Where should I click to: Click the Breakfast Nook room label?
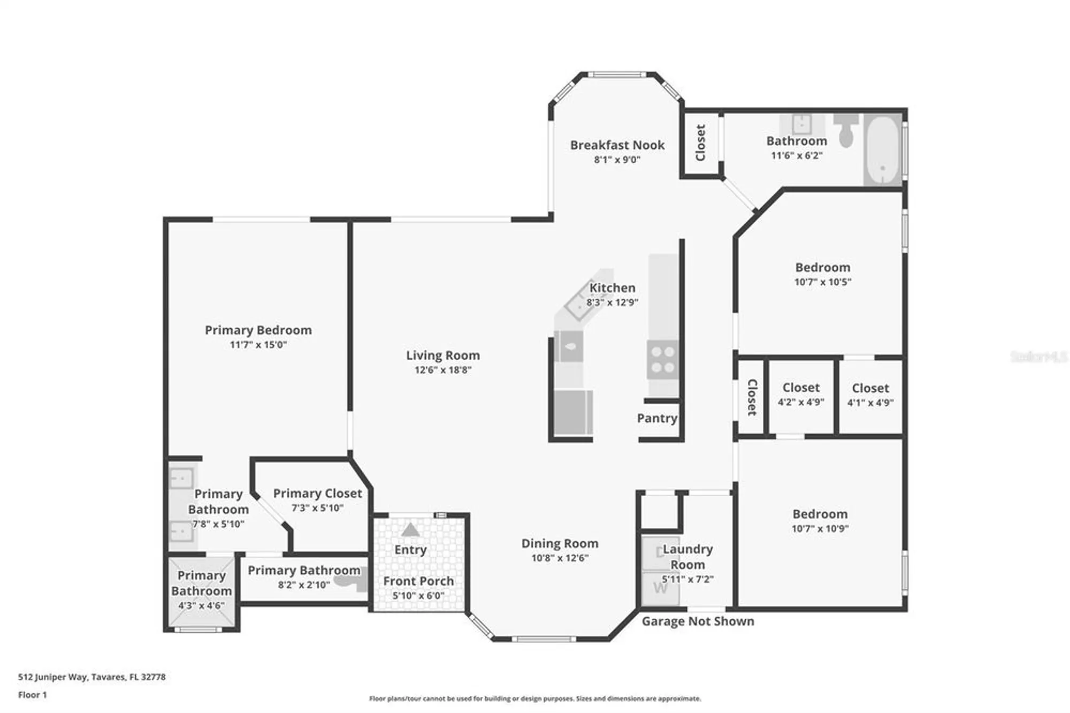[x=617, y=145]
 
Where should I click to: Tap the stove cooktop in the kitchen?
[x=663, y=360]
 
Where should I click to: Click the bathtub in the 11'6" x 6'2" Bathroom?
[x=883, y=150]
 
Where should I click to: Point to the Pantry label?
[x=657, y=419]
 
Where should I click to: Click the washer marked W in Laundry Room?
[x=661, y=588]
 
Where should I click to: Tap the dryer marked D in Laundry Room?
[x=660, y=552]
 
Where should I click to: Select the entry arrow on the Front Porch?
[x=410, y=530]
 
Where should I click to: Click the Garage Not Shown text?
[x=698, y=621]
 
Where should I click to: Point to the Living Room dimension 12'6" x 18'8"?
[x=442, y=370]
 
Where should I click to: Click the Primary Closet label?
[x=317, y=494]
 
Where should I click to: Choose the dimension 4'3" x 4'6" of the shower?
[x=201, y=606]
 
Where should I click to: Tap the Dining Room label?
[x=560, y=544]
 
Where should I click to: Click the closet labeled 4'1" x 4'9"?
[x=870, y=395]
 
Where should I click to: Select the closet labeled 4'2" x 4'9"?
[x=801, y=395]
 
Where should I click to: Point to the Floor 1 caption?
[x=33, y=695]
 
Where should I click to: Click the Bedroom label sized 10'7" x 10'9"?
[x=820, y=514]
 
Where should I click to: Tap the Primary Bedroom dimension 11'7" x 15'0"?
[x=258, y=345]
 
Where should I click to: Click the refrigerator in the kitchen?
[x=572, y=412]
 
